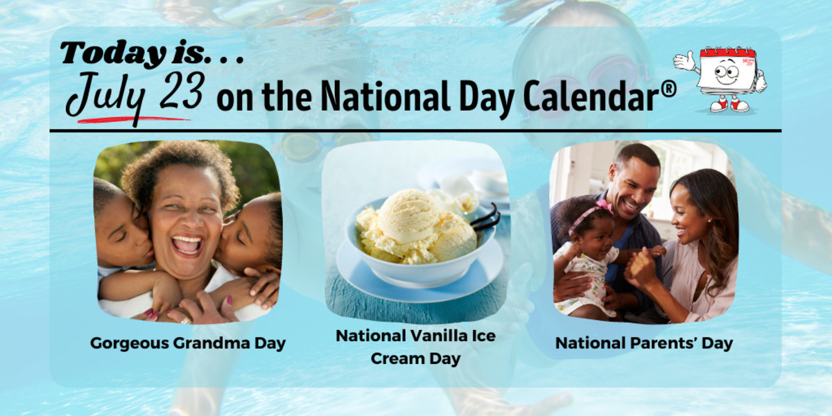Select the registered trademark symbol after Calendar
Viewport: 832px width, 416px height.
coord(668,92)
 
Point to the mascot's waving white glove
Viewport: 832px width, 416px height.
coord(684,61)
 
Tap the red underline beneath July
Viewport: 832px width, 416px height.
coord(132,119)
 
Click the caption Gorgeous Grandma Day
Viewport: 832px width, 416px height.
coord(187,343)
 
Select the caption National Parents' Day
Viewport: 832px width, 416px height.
coord(643,343)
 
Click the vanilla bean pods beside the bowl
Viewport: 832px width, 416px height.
coord(487,217)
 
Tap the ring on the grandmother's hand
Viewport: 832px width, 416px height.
coord(185,320)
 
